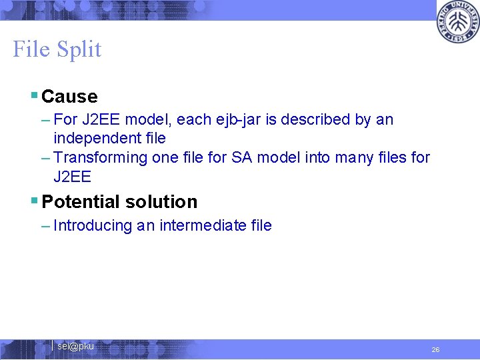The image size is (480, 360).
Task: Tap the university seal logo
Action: click(x=457, y=21)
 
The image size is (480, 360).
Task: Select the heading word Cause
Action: click(x=69, y=97)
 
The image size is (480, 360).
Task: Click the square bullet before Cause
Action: click(x=34, y=97)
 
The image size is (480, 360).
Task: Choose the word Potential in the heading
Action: click(x=79, y=201)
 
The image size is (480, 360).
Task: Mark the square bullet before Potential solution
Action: click(x=34, y=201)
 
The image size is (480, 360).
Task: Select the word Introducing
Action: click(x=93, y=226)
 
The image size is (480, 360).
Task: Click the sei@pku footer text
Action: click(x=75, y=346)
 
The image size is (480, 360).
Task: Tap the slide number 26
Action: click(x=435, y=349)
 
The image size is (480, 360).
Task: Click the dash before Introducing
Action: click(x=45, y=226)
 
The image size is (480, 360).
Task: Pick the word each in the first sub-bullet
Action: click(x=192, y=120)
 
